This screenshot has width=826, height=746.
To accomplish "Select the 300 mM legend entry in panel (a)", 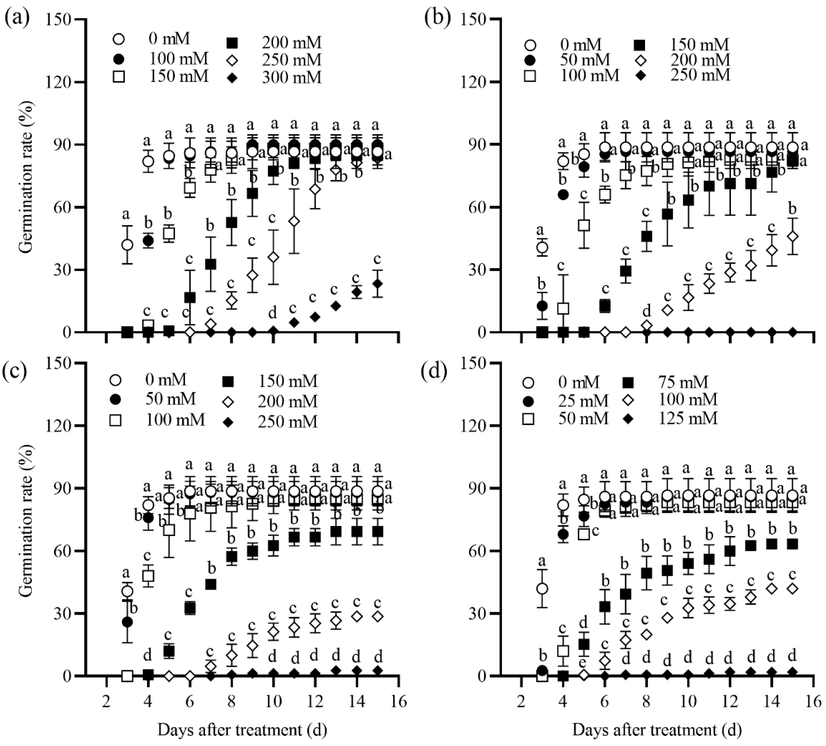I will point(292,77).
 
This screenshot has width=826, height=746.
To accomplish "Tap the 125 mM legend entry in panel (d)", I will point(688,418).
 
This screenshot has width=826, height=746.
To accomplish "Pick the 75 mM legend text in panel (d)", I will point(688,382).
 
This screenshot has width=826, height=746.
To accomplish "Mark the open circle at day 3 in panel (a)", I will point(127,245).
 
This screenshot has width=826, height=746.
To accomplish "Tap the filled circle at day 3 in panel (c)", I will point(127,622).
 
